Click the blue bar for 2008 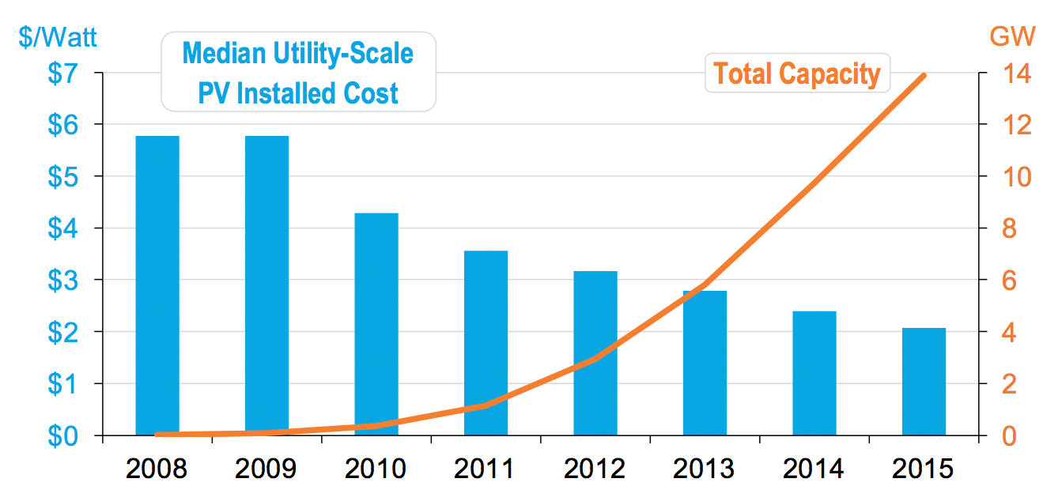(x=157, y=284)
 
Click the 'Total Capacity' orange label (x=796, y=73)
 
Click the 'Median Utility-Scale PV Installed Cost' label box (x=298, y=72)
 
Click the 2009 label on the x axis (x=266, y=469)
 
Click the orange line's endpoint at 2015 (x=924, y=76)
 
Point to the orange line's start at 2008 (x=157, y=434)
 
